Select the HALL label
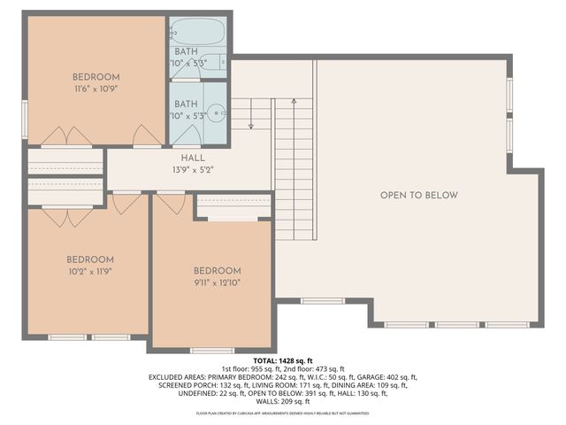click(193, 157)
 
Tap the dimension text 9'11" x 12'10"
click(217, 283)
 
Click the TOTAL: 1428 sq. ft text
click(283, 361)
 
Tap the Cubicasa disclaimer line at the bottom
click(283, 413)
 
